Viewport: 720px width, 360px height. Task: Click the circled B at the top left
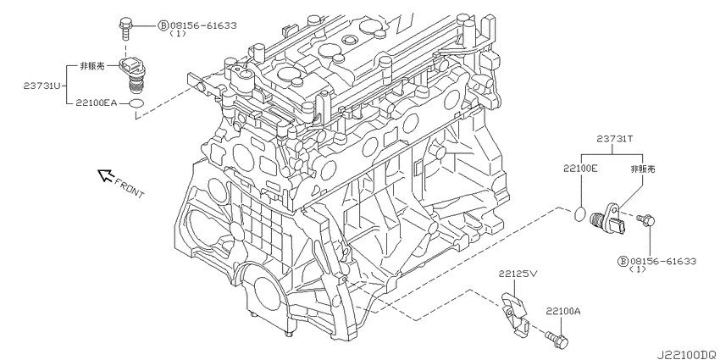(163, 25)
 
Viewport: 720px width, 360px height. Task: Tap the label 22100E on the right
(581, 169)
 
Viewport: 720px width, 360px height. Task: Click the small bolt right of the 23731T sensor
(648, 222)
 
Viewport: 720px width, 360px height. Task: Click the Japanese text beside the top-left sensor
(92, 64)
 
